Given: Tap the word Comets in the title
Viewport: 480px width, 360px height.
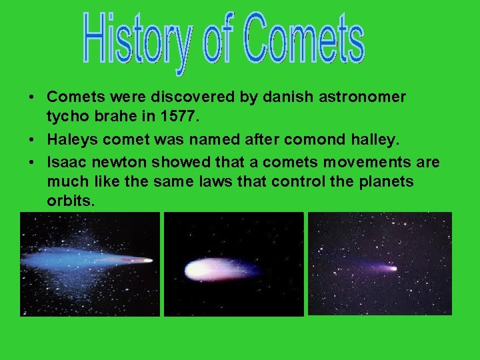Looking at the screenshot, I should coord(303,39).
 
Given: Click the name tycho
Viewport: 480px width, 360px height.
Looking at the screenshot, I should coord(65,117).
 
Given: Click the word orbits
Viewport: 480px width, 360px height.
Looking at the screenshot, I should coord(69,201).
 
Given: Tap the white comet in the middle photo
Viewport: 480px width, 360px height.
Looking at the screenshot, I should coord(203,269).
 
